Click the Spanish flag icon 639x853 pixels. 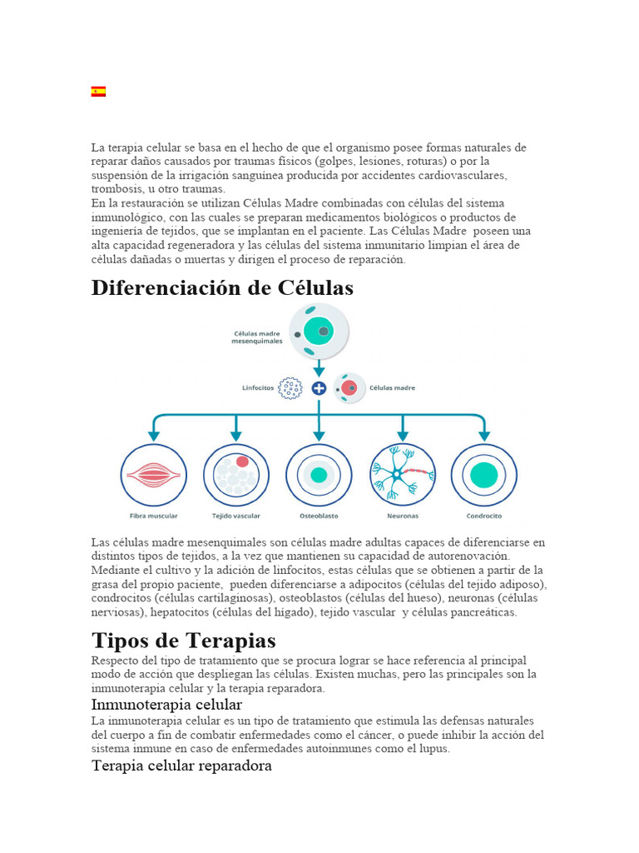pyautogui.click(x=98, y=92)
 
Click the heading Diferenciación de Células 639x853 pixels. pyautogui.click(x=222, y=287)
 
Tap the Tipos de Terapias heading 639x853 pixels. pyautogui.click(x=183, y=641)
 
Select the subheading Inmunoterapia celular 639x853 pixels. pyautogui.click(x=166, y=705)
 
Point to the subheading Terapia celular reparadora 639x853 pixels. pyautogui.click(x=181, y=765)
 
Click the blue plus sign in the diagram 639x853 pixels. pyautogui.click(x=319, y=387)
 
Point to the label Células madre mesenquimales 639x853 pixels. pyautogui.click(x=257, y=336)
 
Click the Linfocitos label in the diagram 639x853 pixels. pyautogui.click(x=256, y=388)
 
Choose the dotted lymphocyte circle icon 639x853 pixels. pyautogui.click(x=290, y=388)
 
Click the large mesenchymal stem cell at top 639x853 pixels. pyautogui.click(x=319, y=331)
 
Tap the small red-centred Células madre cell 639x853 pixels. pyautogui.click(x=349, y=388)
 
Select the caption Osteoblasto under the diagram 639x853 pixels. pyautogui.click(x=319, y=516)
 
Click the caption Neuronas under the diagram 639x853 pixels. pyautogui.click(x=402, y=516)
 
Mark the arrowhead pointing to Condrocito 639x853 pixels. pyautogui.click(x=484, y=435)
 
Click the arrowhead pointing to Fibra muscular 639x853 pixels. pyautogui.click(x=153, y=435)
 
